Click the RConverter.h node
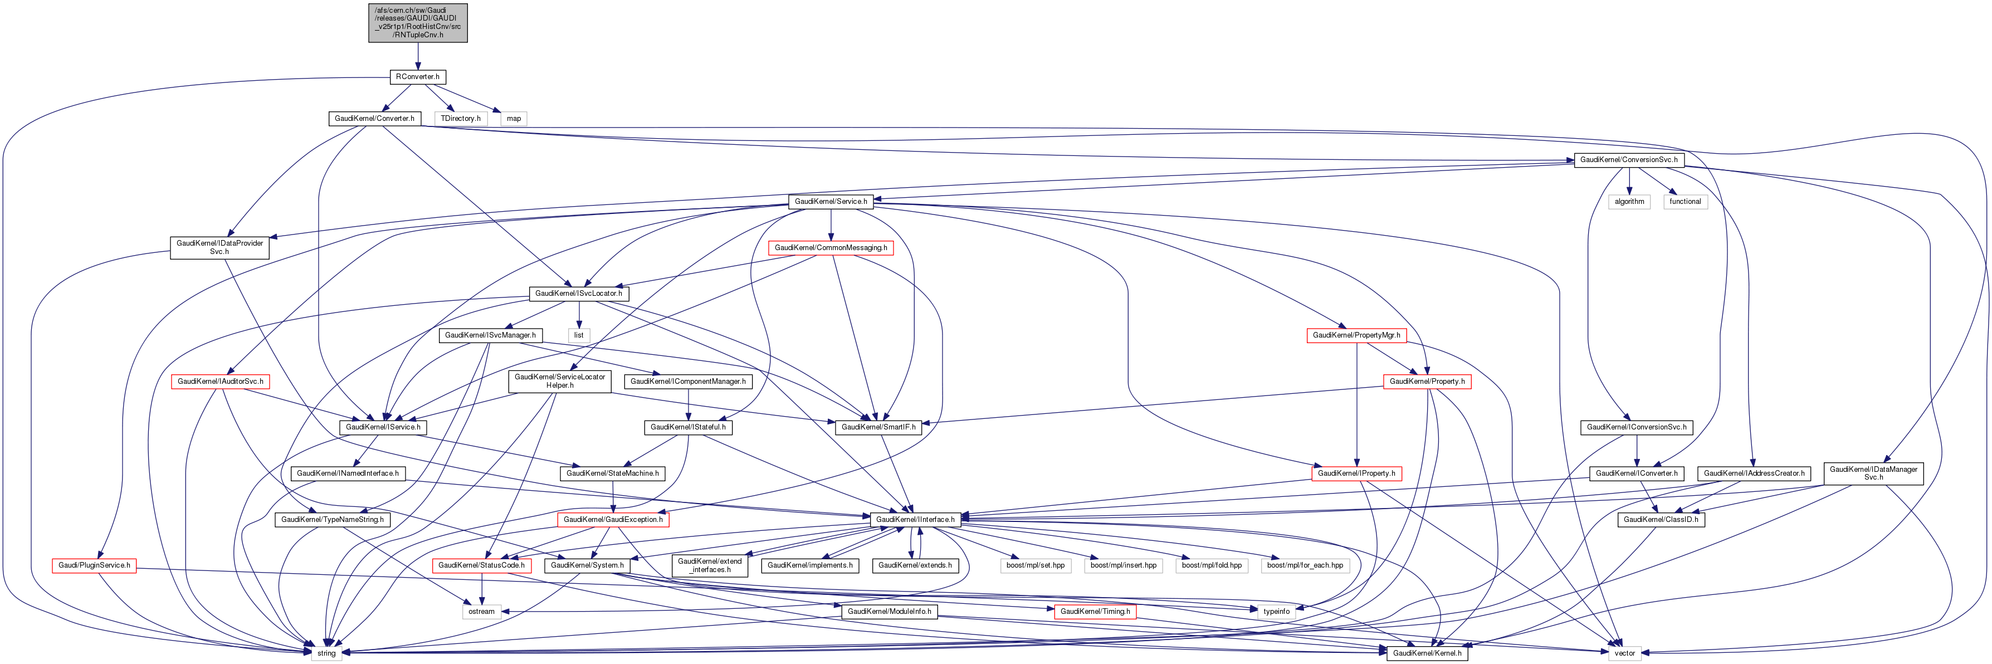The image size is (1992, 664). [x=418, y=76]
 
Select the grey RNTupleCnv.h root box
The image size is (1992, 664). [x=418, y=22]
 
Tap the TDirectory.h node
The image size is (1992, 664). [x=461, y=118]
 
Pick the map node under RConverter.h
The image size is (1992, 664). [x=514, y=118]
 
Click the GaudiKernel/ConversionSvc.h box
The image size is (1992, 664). [x=1629, y=160]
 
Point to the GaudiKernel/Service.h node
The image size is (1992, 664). [x=831, y=201]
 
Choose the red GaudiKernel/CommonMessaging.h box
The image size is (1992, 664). [x=831, y=247]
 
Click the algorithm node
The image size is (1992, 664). [x=1629, y=201]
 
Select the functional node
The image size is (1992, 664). [x=1685, y=201]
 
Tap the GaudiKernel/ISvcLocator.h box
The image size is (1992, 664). [x=578, y=293]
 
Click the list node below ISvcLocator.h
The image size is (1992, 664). [x=578, y=335]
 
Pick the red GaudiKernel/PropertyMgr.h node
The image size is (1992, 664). [x=1356, y=335]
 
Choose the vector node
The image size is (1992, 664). [x=1625, y=653]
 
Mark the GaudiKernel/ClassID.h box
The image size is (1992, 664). [x=1661, y=520]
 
